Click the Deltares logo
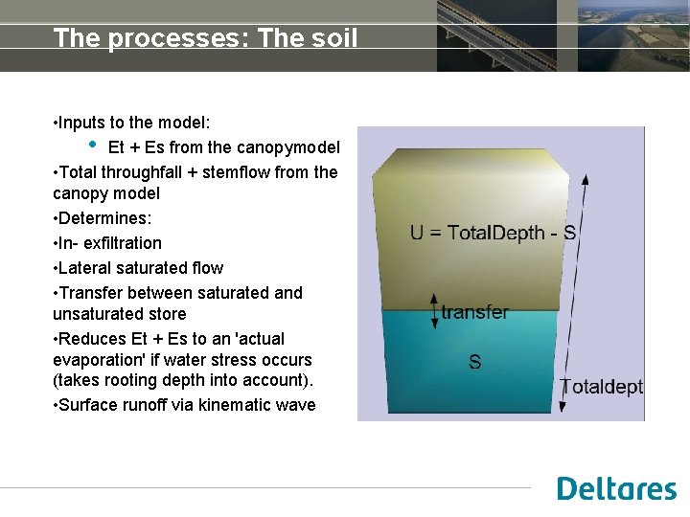pyautogui.click(x=616, y=488)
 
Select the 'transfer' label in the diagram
pyautogui.click(x=474, y=312)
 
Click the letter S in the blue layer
pyautogui.click(x=474, y=362)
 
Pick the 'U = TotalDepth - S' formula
pyautogui.click(x=493, y=233)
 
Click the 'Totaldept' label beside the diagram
pyautogui.click(x=601, y=387)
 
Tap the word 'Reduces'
pyautogui.click(x=90, y=339)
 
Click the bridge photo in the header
pyautogui.click(x=495, y=35)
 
